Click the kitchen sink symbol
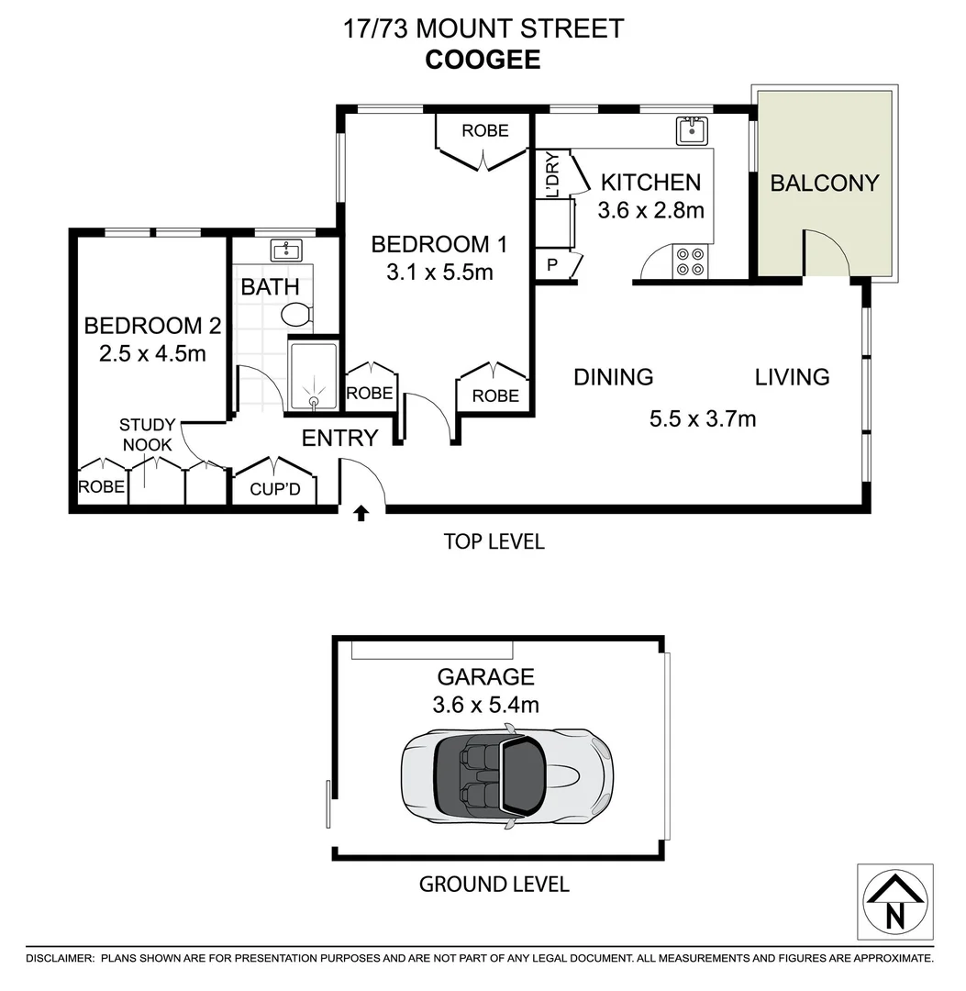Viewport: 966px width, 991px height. tap(691, 131)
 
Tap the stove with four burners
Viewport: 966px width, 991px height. tap(689, 262)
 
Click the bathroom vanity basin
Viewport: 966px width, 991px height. tap(285, 250)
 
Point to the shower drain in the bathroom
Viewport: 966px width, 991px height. tap(313, 399)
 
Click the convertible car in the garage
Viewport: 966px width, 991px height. tap(506, 776)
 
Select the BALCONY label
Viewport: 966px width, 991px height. tap(824, 183)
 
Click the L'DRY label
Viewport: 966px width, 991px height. tap(552, 175)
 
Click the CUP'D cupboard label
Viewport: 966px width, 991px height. tap(275, 489)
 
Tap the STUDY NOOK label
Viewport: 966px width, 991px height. tap(146, 435)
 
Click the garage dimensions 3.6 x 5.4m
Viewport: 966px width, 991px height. tap(485, 705)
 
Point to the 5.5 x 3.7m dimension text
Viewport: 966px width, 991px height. tap(702, 419)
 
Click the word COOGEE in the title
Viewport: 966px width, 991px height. tap(483, 60)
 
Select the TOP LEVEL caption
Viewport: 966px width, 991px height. tap(494, 541)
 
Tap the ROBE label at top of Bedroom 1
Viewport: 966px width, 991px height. tap(484, 131)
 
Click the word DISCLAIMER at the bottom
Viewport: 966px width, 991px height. tap(61, 958)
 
